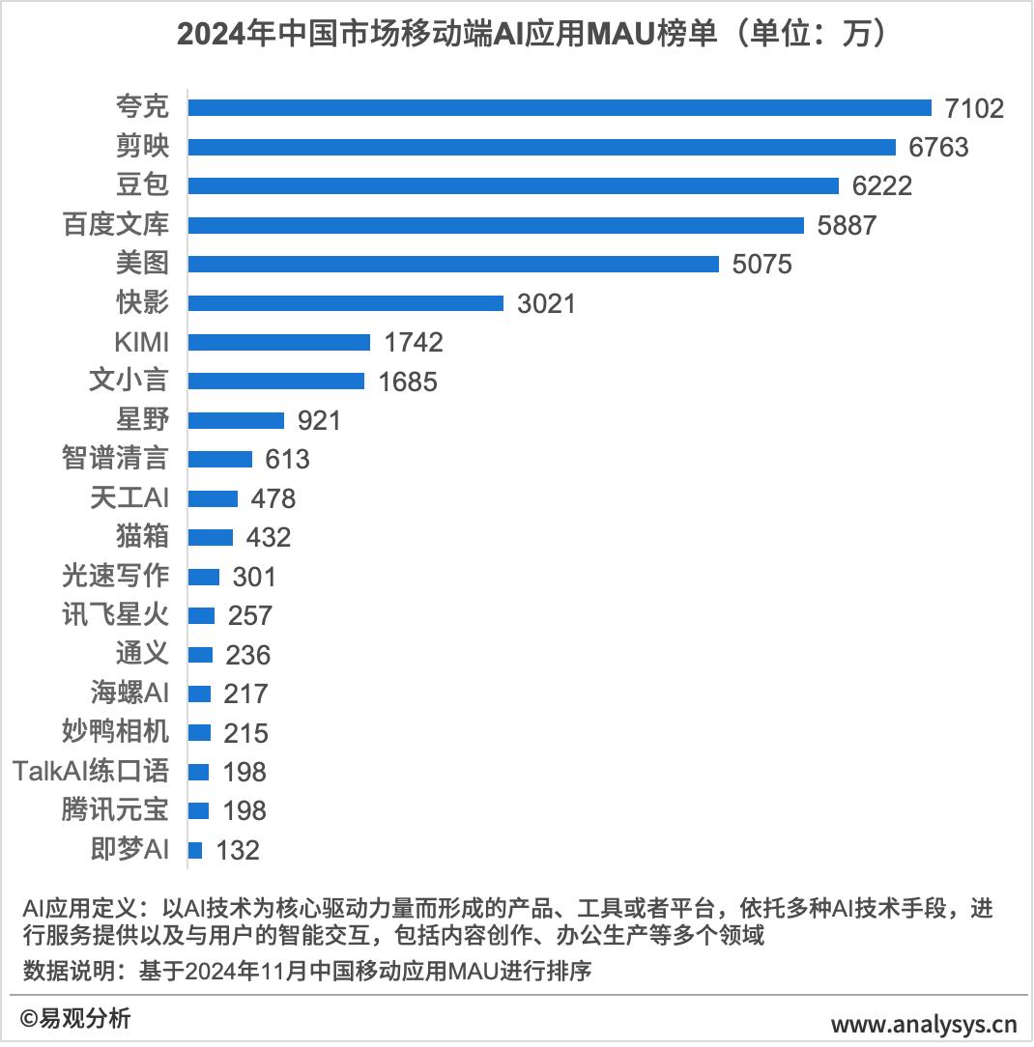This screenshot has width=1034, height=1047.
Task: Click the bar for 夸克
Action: [559, 107]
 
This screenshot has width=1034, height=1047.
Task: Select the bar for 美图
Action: [452, 264]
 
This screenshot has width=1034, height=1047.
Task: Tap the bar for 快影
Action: [345, 303]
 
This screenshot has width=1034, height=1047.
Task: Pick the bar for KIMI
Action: [278, 342]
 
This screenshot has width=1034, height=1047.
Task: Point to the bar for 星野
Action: [236, 420]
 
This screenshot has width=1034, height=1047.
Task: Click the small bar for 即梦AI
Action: [195, 850]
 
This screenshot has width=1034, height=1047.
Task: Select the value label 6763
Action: [938, 147]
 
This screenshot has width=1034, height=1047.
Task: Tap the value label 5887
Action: [846, 225]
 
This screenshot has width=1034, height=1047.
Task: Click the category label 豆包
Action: [142, 185]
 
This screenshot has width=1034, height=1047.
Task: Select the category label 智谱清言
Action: [115, 459]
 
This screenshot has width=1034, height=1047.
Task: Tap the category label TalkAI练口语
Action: [91, 772]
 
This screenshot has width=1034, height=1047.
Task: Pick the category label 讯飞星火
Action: [115, 615]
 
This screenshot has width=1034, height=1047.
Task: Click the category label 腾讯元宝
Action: [115, 810]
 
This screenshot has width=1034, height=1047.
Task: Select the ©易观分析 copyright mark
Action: [75, 1018]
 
